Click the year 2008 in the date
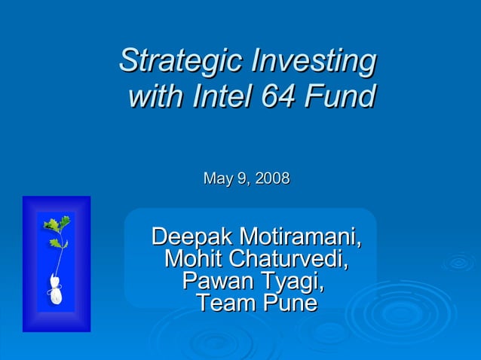(272, 179)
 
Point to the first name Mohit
(192, 260)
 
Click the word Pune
(289, 304)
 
